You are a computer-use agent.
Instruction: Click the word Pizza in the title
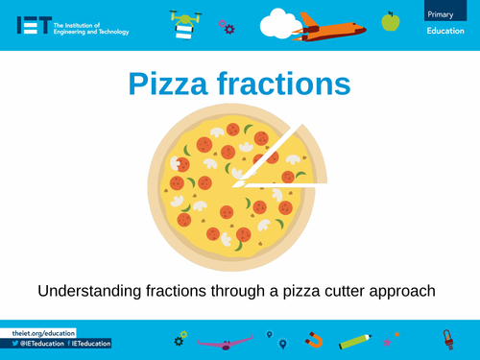178,84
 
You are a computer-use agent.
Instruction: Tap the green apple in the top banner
390,21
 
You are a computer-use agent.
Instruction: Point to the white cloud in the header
280,22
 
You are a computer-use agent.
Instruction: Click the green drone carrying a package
186,24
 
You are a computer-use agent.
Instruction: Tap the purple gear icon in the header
227,28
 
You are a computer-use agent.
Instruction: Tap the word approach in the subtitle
401,290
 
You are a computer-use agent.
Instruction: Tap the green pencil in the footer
354,340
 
